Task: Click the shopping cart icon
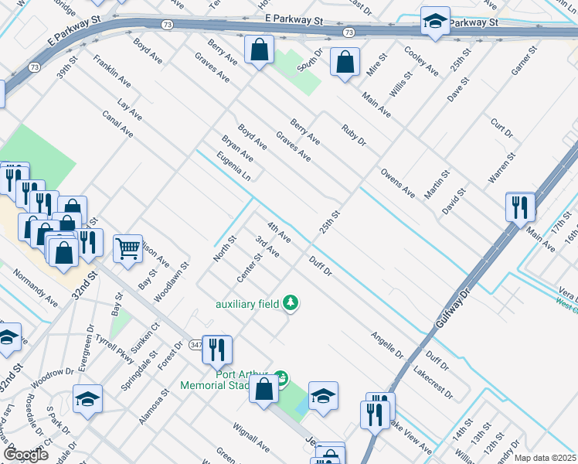click(x=127, y=248)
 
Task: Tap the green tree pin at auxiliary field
click(x=291, y=303)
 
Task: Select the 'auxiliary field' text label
click(x=246, y=304)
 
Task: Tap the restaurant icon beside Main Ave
click(x=520, y=206)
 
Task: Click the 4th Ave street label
click(x=279, y=231)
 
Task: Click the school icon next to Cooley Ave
click(x=435, y=22)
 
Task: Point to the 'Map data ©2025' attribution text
click(x=544, y=458)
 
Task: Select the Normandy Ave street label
click(x=39, y=288)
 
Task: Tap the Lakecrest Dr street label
click(x=433, y=381)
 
